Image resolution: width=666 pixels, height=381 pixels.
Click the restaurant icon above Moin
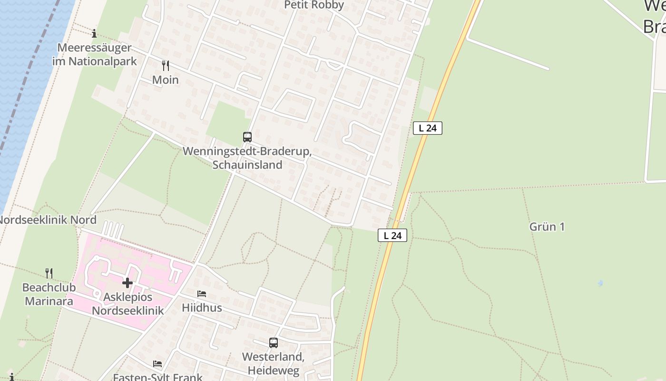166,65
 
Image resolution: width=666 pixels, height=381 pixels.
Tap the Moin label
166,80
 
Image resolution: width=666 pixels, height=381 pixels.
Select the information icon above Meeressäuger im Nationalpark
94,33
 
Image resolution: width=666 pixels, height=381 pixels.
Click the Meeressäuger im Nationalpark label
94,54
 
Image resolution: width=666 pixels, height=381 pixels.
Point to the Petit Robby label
314,5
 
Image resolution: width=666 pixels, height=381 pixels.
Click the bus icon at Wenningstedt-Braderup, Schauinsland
247,137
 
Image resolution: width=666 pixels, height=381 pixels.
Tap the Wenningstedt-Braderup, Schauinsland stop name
247,158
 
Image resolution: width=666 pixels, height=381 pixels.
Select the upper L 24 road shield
428,128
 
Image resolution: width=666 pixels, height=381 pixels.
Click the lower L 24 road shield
392,235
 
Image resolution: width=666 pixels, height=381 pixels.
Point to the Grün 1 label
547,227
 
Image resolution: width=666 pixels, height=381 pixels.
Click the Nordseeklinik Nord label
48,220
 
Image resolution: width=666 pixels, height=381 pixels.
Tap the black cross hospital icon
127,283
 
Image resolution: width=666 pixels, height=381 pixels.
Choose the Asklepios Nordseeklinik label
127,304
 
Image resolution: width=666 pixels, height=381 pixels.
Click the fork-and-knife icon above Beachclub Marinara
49,273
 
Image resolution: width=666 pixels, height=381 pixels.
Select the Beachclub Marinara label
48,294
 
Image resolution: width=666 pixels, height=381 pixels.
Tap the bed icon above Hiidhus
202,294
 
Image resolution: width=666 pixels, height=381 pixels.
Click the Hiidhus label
202,308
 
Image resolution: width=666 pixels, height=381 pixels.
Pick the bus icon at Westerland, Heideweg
274,343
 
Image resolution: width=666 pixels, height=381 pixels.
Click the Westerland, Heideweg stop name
273,363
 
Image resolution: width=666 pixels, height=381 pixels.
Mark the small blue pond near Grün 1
600,283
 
